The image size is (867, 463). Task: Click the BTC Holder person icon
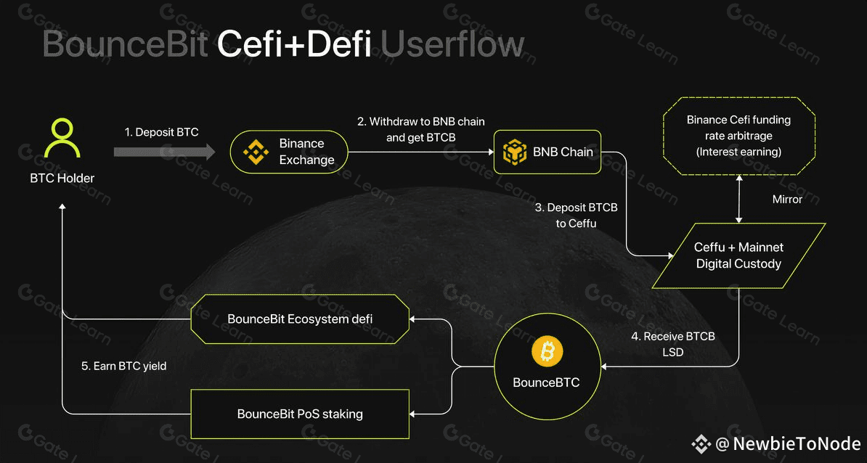coord(62,138)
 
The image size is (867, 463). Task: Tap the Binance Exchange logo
coord(256,152)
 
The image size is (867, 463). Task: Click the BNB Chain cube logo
coord(515,152)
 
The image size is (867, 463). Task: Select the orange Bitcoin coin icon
coord(547,352)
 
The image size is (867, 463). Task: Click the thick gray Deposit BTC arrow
coord(165,152)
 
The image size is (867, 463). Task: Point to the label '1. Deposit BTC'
coord(161,133)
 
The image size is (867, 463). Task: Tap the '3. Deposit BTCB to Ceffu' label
coord(576,216)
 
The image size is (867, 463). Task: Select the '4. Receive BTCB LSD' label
coord(673,344)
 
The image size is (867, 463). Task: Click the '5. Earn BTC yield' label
coord(124,366)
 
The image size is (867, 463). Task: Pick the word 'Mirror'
coord(787,200)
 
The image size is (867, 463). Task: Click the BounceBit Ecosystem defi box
coord(300,319)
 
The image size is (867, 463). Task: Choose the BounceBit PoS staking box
coord(300,414)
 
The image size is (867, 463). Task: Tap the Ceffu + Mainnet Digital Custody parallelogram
coord(738,255)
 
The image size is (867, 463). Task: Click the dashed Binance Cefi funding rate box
coord(738,136)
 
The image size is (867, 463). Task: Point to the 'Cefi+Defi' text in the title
coord(294,45)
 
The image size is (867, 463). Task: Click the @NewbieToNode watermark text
coord(788,443)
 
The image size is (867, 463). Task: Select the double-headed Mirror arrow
coord(738,199)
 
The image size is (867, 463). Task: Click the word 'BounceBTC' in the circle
coord(546,383)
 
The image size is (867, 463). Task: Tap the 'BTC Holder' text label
coord(62,179)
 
